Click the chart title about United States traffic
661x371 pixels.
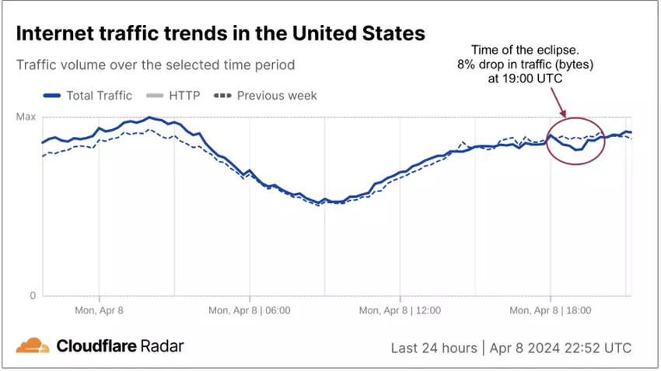tap(220, 34)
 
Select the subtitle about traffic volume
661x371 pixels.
tap(156, 65)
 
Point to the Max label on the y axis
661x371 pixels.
tap(26, 117)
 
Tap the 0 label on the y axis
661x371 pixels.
tap(33, 296)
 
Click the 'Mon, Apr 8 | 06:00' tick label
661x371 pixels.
tap(250, 310)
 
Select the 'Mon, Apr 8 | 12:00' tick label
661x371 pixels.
tap(400, 310)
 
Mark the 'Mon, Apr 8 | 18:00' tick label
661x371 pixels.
tap(550, 310)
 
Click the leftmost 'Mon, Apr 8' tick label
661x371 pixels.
tap(100, 310)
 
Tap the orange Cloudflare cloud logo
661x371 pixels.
tap(33, 345)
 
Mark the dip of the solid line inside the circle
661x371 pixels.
tap(578, 149)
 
